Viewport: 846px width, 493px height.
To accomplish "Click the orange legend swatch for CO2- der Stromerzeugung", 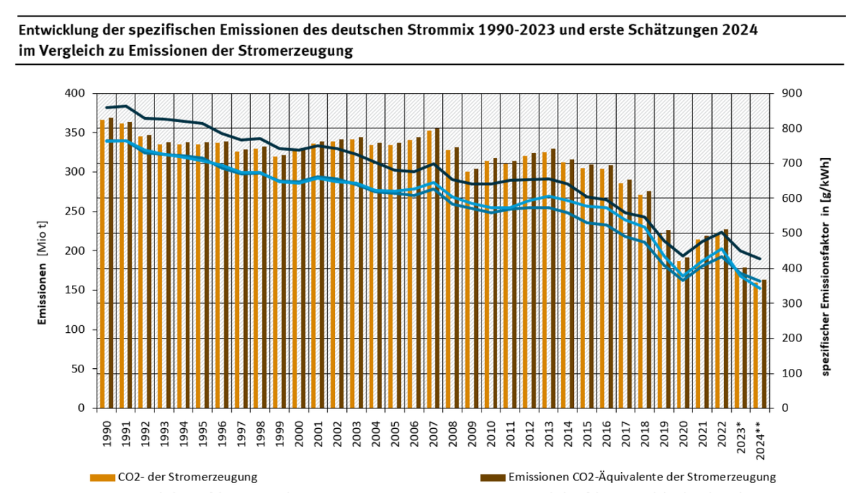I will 102,477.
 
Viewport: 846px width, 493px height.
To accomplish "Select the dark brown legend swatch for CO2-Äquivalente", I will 491,477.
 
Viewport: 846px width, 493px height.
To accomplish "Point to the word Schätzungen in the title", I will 651,31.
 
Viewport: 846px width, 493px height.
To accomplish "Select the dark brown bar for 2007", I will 437,268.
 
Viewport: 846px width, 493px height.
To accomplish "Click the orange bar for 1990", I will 102,264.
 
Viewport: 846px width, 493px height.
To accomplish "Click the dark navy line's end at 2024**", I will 759,259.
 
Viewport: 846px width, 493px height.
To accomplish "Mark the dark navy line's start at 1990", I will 106,107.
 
